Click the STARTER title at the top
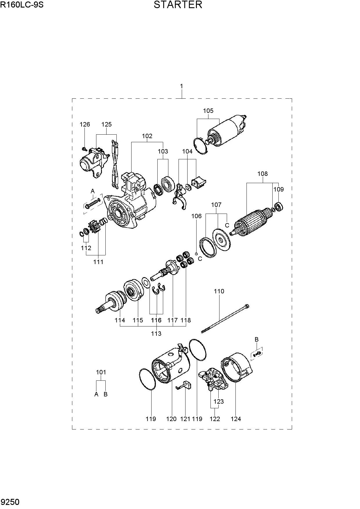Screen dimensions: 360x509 tap(178, 5)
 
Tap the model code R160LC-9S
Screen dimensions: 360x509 tap(22, 5)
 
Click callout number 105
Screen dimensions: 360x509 tap(208, 111)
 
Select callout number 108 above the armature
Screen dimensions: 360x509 tap(262, 174)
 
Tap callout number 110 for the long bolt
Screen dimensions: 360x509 tap(219, 291)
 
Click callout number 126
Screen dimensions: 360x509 tap(85, 124)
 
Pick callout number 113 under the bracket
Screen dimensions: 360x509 tap(156, 333)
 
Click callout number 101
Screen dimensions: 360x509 tap(101, 372)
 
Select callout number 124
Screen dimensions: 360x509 tap(236, 419)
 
